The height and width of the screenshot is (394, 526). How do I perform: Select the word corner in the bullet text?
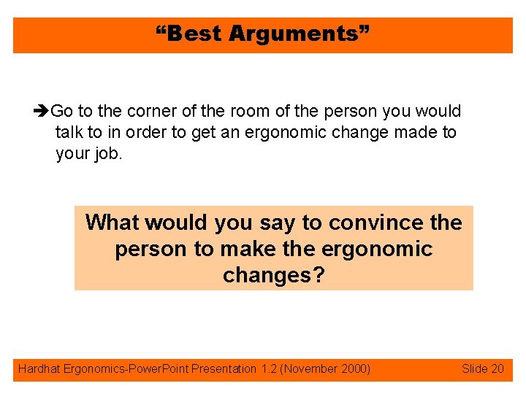tap(152, 112)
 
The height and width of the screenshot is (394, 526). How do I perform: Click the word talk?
tap(69, 133)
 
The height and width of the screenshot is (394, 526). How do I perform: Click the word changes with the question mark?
tap(273, 275)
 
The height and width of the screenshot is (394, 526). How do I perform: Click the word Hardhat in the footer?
tap(39, 369)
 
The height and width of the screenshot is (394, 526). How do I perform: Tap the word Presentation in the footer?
tap(224, 369)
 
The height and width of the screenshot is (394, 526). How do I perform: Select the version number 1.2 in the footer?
tap(268, 369)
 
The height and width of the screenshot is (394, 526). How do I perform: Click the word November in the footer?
tap(310, 369)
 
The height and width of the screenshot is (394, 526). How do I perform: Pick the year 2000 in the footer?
tap(354, 369)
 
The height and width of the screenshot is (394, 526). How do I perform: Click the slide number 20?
tap(497, 369)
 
